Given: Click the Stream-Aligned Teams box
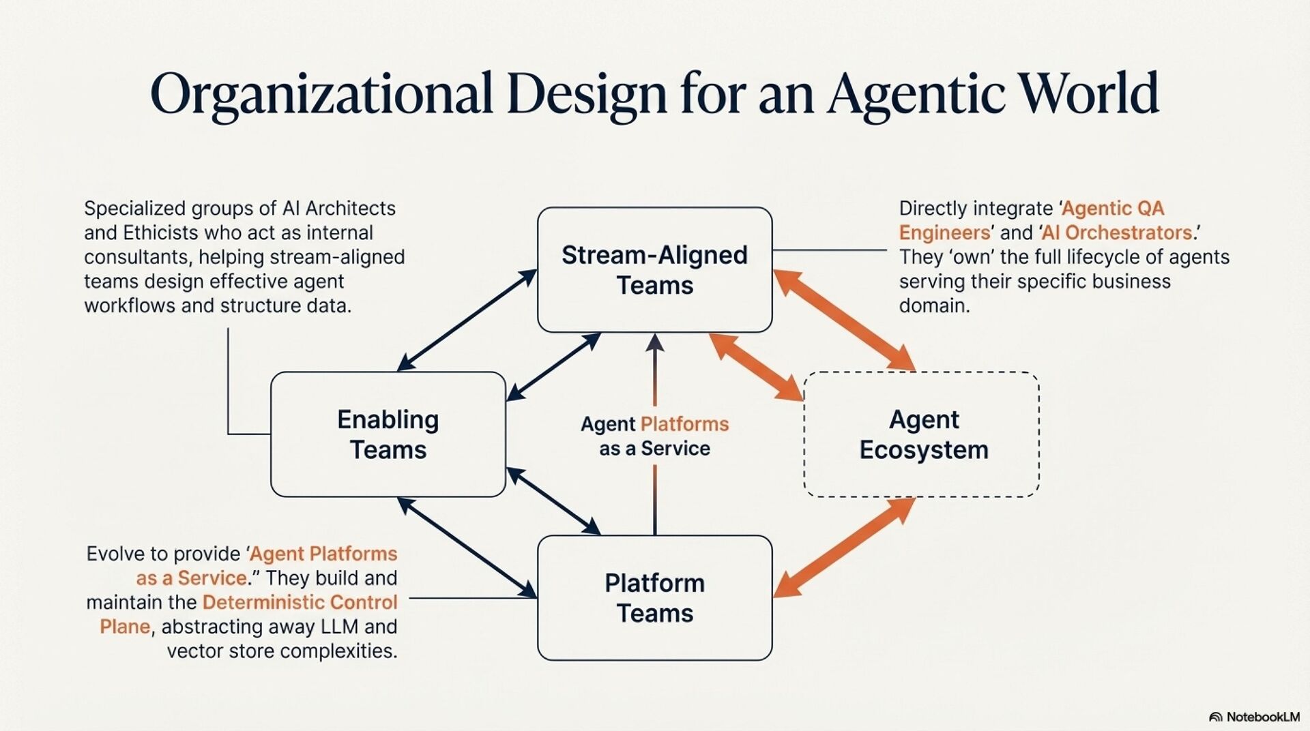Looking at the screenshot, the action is [x=654, y=270].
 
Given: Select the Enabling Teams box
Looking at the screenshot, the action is [x=388, y=434].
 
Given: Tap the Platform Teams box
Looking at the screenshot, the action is [x=654, y=598].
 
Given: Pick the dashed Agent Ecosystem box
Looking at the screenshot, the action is [x=922, y=434].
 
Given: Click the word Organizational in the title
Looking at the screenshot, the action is [x=321, y=94].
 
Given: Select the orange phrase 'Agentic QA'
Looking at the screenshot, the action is [x=1113, y=208].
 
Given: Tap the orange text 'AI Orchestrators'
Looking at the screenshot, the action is [x=1117, y=233].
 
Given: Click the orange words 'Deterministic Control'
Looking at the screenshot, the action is [x=300, y=602].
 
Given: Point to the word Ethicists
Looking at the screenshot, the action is [x=160, y=233].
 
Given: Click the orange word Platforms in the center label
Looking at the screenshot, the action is [x=684, y=424].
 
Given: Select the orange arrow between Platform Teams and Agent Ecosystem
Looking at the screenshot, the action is [x=844, y=548].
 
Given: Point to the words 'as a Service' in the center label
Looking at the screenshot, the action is [x=654, y=449].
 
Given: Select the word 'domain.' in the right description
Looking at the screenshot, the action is [x=934, y=305].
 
